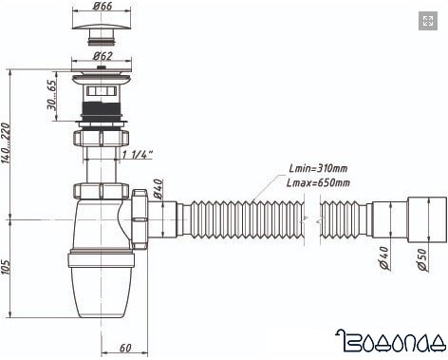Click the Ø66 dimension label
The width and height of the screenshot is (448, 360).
103,6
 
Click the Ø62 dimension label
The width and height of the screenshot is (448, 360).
103,56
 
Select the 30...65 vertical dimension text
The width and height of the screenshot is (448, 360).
51,95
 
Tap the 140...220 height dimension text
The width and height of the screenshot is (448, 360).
6,143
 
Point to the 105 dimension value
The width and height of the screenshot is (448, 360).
6,267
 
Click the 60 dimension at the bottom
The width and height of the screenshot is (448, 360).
125,348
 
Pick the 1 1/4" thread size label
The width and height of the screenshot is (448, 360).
138,155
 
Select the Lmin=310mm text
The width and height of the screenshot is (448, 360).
318,168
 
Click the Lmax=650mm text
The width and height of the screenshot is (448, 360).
318,182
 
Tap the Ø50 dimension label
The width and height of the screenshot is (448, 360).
422,259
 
